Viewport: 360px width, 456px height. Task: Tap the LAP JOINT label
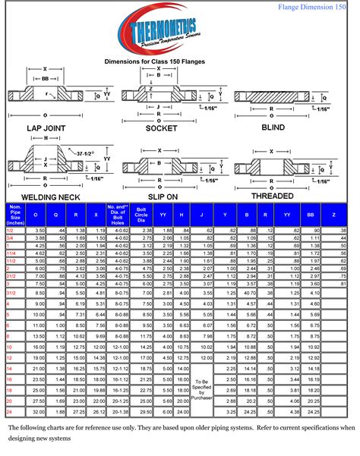click(x=49, y=128)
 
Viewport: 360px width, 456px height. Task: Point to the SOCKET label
click(x=161, y=128)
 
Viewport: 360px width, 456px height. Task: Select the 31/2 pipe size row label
click(x=12, y=291)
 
